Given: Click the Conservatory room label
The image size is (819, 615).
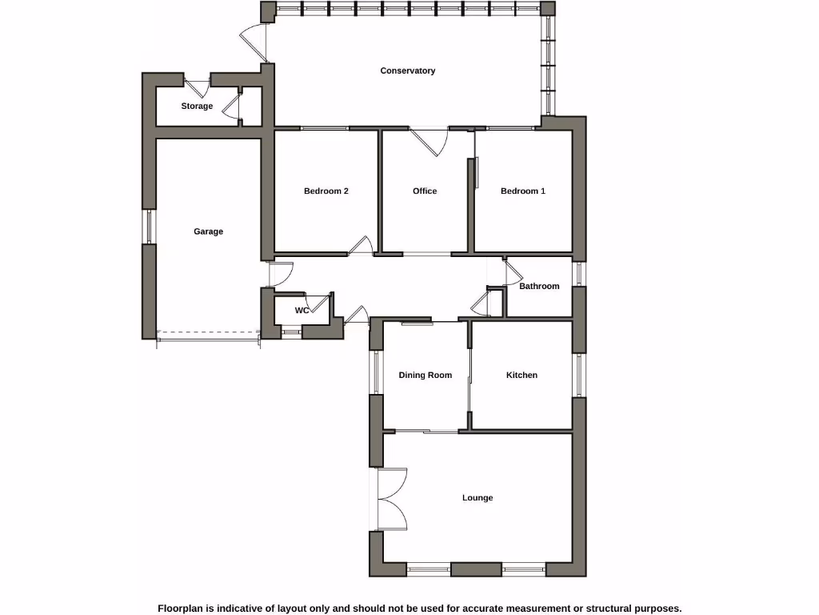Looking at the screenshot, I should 407,70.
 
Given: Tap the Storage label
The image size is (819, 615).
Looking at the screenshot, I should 197,106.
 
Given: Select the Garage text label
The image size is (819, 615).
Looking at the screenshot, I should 208,231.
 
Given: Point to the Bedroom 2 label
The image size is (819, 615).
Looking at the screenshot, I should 326,191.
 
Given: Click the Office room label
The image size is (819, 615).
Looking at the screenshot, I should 425,191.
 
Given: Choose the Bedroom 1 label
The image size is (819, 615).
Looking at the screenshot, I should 523,191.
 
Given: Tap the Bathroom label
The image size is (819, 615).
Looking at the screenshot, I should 539,286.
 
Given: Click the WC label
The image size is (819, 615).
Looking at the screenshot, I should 302,310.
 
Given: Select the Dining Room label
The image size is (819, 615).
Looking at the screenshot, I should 425,375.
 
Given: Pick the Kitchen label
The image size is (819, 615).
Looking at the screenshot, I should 521,375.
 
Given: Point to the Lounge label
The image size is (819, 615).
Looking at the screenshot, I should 477,497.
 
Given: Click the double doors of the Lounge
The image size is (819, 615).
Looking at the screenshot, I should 390,499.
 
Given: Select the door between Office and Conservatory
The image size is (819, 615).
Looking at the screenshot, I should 430,141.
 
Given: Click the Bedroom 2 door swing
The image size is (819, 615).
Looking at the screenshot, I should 362,245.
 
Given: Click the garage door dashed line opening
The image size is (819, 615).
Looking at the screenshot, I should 208,332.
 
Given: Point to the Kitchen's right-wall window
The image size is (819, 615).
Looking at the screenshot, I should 579,375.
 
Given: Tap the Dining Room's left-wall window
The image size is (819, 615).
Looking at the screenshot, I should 375,372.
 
